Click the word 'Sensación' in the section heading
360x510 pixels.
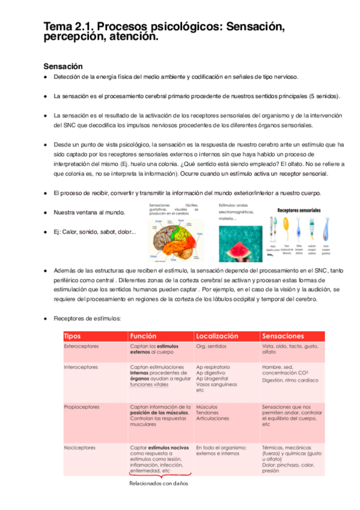tap(63, 66)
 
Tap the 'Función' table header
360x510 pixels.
tap(144, 336)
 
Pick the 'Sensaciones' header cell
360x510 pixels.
tap(283, 336)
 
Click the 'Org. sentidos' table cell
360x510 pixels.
tap(211, 347)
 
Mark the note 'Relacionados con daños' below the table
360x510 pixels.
tap(159, 483)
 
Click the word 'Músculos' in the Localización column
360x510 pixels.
tap(207, 407)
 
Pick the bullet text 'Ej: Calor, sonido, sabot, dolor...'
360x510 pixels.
tap(94, 232)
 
